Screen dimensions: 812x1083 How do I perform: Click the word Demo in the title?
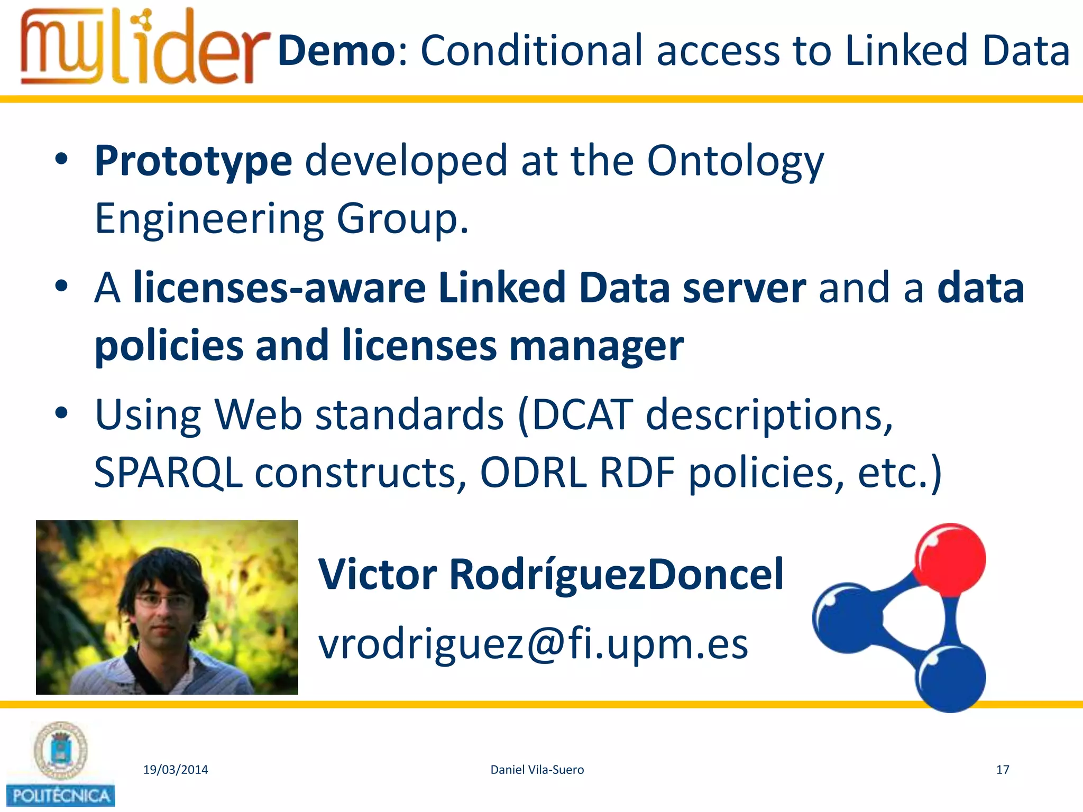point(336,51)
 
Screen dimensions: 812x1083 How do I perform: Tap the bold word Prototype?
point(193,161)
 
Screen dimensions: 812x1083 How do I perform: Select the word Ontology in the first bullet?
point(735,161)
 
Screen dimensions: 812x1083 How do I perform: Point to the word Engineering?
point(209,219)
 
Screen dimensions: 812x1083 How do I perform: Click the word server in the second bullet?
point(744,288)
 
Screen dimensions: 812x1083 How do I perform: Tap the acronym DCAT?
point(582,415)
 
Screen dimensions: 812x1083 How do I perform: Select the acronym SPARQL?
point(168,472)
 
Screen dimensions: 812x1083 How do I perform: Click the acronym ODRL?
point(533,472)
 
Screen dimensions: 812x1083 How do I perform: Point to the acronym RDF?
point(638,472)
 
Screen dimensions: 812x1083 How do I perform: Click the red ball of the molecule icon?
point(951,559)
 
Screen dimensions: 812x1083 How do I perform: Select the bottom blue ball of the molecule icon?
point(950,678)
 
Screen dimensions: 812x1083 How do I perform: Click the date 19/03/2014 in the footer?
point(176,770)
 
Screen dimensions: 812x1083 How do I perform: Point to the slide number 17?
point(1003,770)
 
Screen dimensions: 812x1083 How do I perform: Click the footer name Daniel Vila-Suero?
point(537,770)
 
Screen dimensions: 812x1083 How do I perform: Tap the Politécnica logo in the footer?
point(61,764)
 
